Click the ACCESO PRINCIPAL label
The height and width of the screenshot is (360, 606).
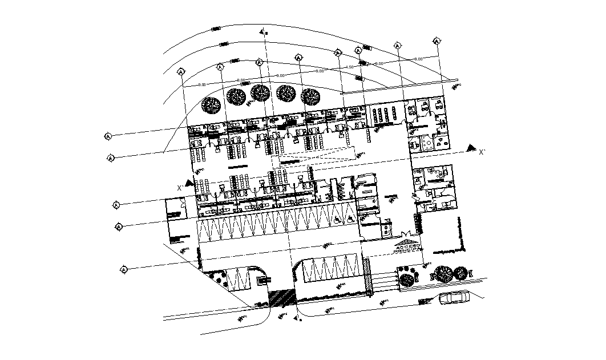[x=408, y=247]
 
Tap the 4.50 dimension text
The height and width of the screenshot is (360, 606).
[x=349, y=67]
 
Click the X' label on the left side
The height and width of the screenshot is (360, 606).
[x=180, y=187]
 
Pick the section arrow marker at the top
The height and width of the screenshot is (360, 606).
[x=263, y=33]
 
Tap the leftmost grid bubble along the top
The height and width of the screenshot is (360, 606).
[x=181, y=72]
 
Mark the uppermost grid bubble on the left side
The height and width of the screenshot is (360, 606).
[x=108, y=136]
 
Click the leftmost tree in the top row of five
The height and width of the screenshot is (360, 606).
[x=212, y=104]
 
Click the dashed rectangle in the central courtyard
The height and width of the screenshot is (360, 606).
[x=317, y=154]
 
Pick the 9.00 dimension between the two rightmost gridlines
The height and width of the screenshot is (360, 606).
[x=418, y=59]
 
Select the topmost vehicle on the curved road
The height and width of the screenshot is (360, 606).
[x=217, y=29]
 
